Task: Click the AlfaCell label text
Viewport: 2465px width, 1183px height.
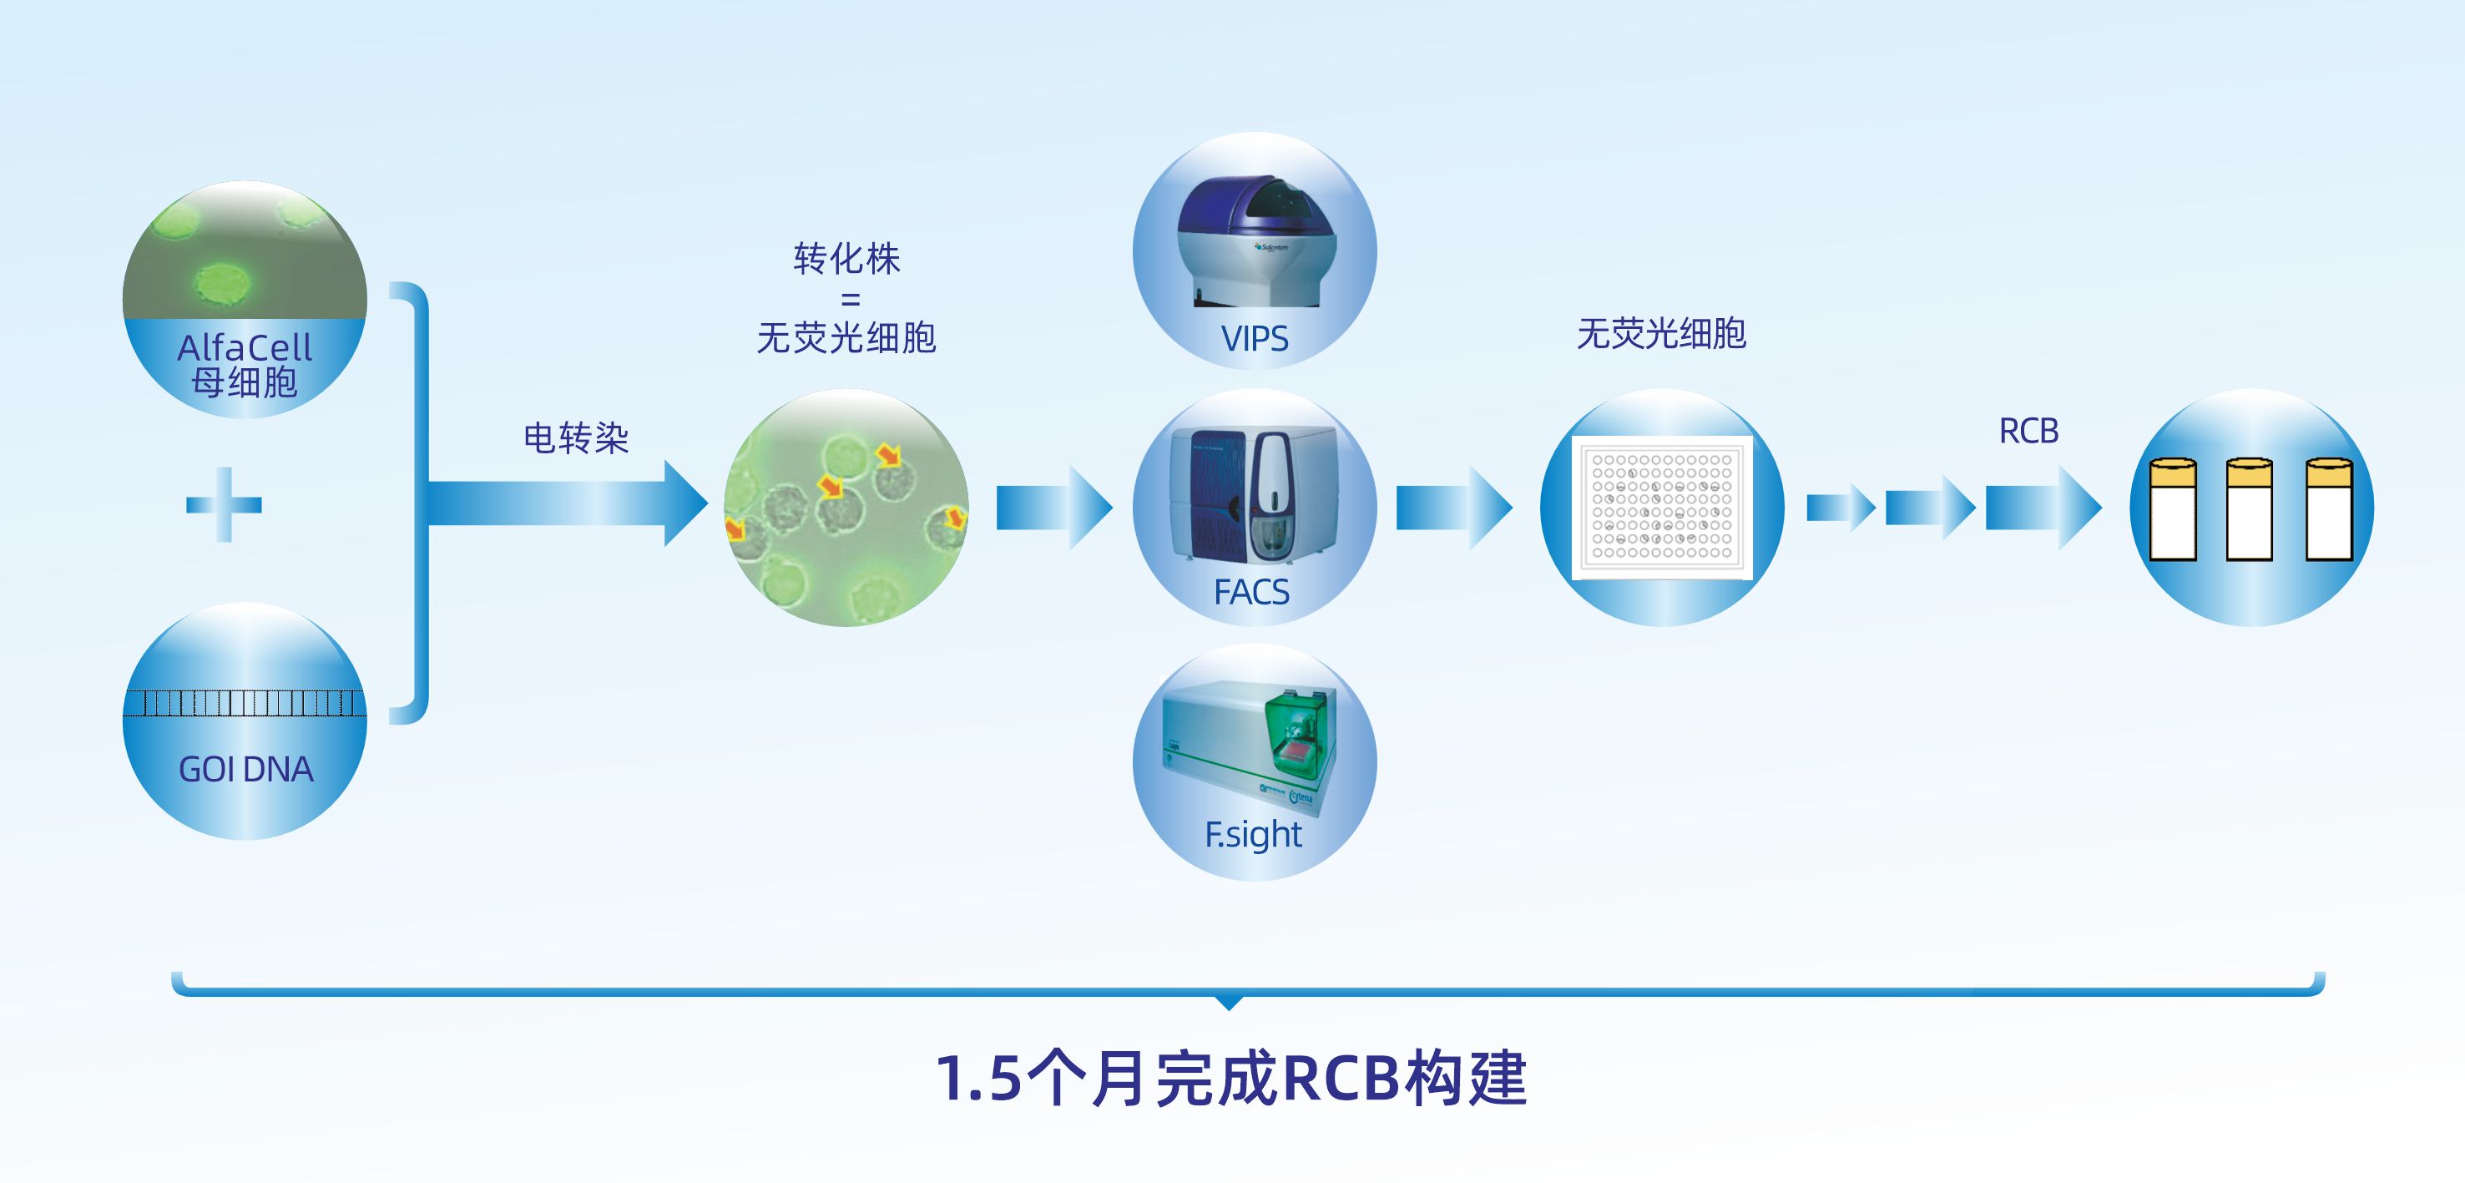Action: [x=245, y=346]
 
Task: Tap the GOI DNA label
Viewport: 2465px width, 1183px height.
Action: [x=246, y=770]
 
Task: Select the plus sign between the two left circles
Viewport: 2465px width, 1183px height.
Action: [x=224, y=504]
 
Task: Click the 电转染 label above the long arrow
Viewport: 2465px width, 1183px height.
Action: [x=576, y=437]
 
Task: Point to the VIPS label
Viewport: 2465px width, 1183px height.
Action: [x=1255, y=339]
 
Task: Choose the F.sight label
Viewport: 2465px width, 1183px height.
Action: [x=1254, y=835]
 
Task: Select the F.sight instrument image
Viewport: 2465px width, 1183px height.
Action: [x=1249, y=746]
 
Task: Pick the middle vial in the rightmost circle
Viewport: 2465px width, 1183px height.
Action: [x=2249, y=509]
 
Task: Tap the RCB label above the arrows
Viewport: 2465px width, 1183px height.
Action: [x=2028, y=431]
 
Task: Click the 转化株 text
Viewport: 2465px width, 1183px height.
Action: [x=847, y=259]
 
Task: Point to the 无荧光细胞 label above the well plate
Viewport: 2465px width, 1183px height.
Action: [x=1661, y=333]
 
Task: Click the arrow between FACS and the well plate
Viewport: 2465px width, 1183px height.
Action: [x=1454, y=508]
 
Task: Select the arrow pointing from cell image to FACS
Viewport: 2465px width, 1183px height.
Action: [x=1054, y=508]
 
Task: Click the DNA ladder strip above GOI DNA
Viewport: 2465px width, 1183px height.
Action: [x=245, y=704]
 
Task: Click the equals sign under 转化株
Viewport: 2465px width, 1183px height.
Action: [x=850, y=300]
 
